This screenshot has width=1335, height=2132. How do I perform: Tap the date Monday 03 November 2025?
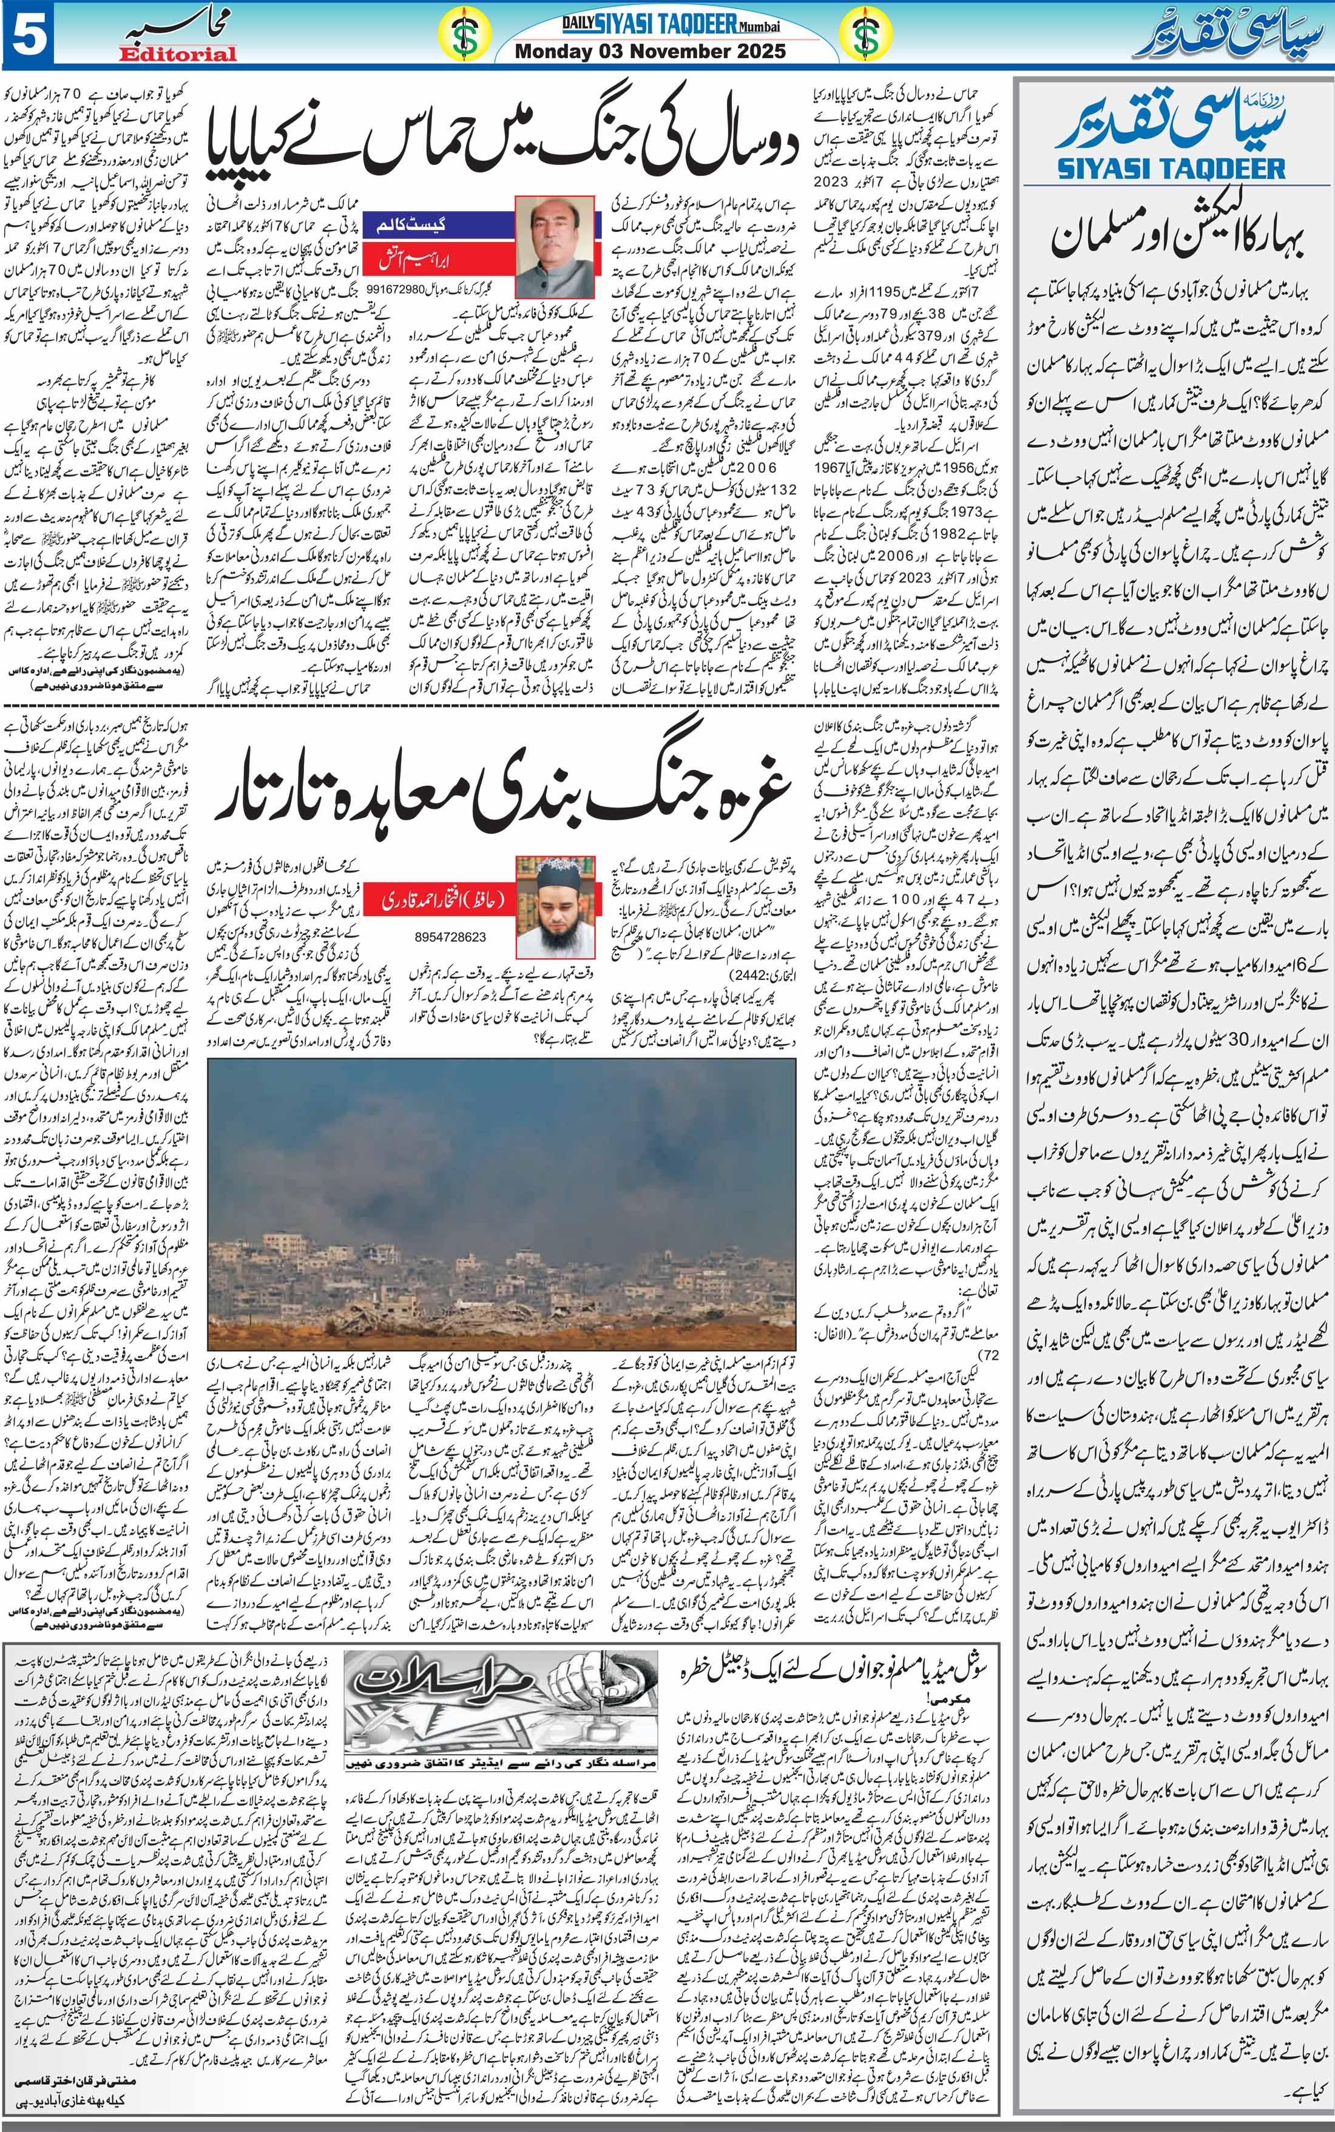click(x=650, y=51)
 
